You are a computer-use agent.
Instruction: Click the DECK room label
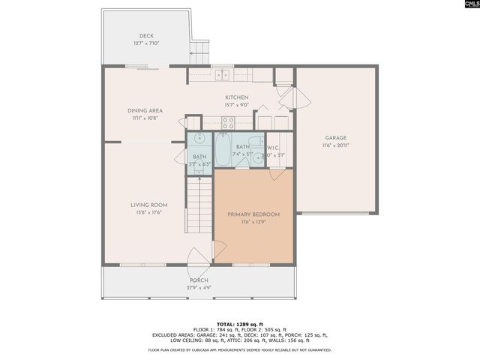click(x=145, y=36)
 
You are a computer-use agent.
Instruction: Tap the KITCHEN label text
click(x=237, y=97)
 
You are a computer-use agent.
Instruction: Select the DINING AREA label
click(x=145, y=110)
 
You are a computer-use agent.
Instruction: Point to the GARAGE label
click(x=335, y=137)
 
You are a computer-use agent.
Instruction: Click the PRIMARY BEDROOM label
click(x=253, y=214)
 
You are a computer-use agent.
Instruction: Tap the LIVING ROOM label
click(x=148, y=205)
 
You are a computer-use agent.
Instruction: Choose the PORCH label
click(x=199, y=280)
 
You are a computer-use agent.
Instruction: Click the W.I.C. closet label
click(x=274, y=148)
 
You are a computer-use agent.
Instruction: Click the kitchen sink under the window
click(x=223, y=75)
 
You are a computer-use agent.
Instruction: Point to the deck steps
click(x=199, y=52)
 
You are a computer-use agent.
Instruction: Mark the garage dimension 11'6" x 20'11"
click(x=335, y=145)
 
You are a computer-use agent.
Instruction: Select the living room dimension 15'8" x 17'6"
click(x=148, y=212)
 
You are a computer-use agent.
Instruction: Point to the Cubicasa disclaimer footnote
click(x=240, y=349)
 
